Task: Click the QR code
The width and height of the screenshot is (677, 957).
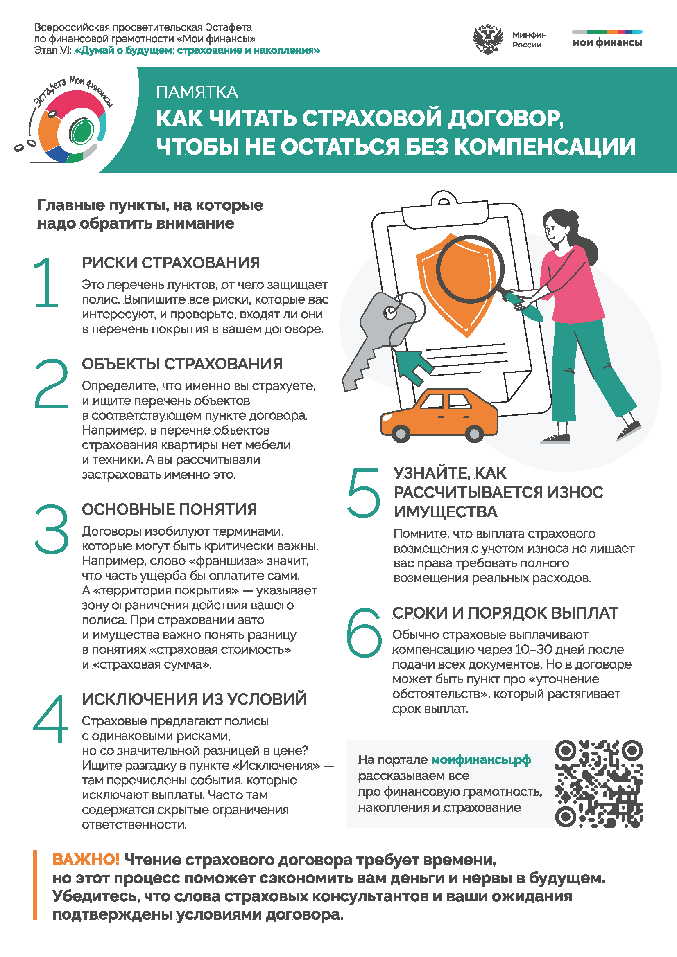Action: click(599, 784)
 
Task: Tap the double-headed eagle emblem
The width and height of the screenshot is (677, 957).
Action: click(487, 40)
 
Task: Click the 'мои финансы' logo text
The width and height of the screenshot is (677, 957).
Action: click(607, 43)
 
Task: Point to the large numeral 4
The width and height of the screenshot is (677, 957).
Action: click(50, 718)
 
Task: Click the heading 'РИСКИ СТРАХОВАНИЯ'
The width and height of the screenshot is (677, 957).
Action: click(171, 263)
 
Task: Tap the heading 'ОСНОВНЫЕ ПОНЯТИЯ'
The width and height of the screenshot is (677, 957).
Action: click(170, 509)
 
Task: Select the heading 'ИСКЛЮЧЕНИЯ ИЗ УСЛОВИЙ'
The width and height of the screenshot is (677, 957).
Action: click(194, 699)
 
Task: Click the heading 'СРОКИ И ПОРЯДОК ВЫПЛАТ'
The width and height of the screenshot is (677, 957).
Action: click(505, 613)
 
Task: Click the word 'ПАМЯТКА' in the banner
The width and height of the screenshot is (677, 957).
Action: click(197, 92)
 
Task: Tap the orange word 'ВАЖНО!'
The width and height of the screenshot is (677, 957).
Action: click(86, 860)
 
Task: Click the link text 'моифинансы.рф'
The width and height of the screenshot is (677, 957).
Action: click(481, 760)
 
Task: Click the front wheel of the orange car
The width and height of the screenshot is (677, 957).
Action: click(401, 434)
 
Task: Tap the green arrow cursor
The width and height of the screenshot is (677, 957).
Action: click(414, 366)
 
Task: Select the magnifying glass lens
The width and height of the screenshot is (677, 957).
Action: click(470, 269)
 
